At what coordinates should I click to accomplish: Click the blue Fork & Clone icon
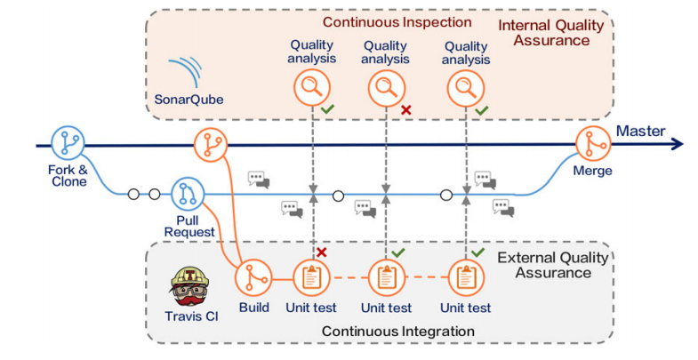click(67, 143)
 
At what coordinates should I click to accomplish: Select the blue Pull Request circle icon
click(188, 193)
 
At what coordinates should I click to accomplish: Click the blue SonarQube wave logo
click(187, 71)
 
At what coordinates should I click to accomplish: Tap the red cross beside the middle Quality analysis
click(405, 109)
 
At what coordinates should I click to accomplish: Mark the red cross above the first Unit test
click(321, 252)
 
